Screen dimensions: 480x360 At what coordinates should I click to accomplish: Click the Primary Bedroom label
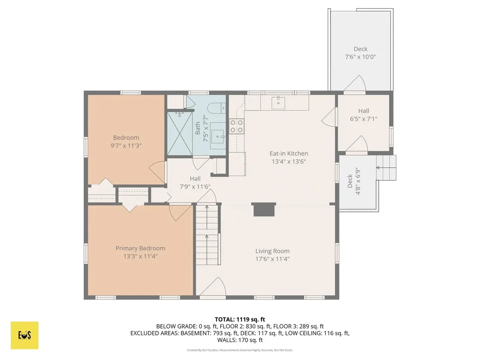coord(140,248)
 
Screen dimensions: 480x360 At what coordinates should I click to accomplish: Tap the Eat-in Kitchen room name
coord(289,153)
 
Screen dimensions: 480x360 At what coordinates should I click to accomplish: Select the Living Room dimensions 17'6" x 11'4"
coord(272,259)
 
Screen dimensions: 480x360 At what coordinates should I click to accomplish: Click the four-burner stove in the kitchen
coord(237,127)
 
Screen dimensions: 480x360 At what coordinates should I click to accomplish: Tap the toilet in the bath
coord(217,108)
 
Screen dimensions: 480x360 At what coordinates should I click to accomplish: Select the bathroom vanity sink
coord(218,137)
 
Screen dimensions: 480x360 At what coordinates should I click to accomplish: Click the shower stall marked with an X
coord(180,133)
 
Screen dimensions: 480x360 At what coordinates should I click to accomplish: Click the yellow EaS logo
coord(24,335)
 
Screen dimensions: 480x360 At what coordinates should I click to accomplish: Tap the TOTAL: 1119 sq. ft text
coord(240,320)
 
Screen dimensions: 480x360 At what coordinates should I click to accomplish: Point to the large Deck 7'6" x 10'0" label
coord(360,52)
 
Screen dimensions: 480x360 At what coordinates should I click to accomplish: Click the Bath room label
coord(197,128)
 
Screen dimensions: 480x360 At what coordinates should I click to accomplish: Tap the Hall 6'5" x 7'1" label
coord(364,115)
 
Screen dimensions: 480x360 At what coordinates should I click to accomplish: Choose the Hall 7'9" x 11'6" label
coord(195,182)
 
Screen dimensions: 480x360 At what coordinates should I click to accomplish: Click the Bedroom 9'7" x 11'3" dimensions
coord(126,146)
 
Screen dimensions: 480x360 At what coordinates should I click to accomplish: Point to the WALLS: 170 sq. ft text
coord(240,340)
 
